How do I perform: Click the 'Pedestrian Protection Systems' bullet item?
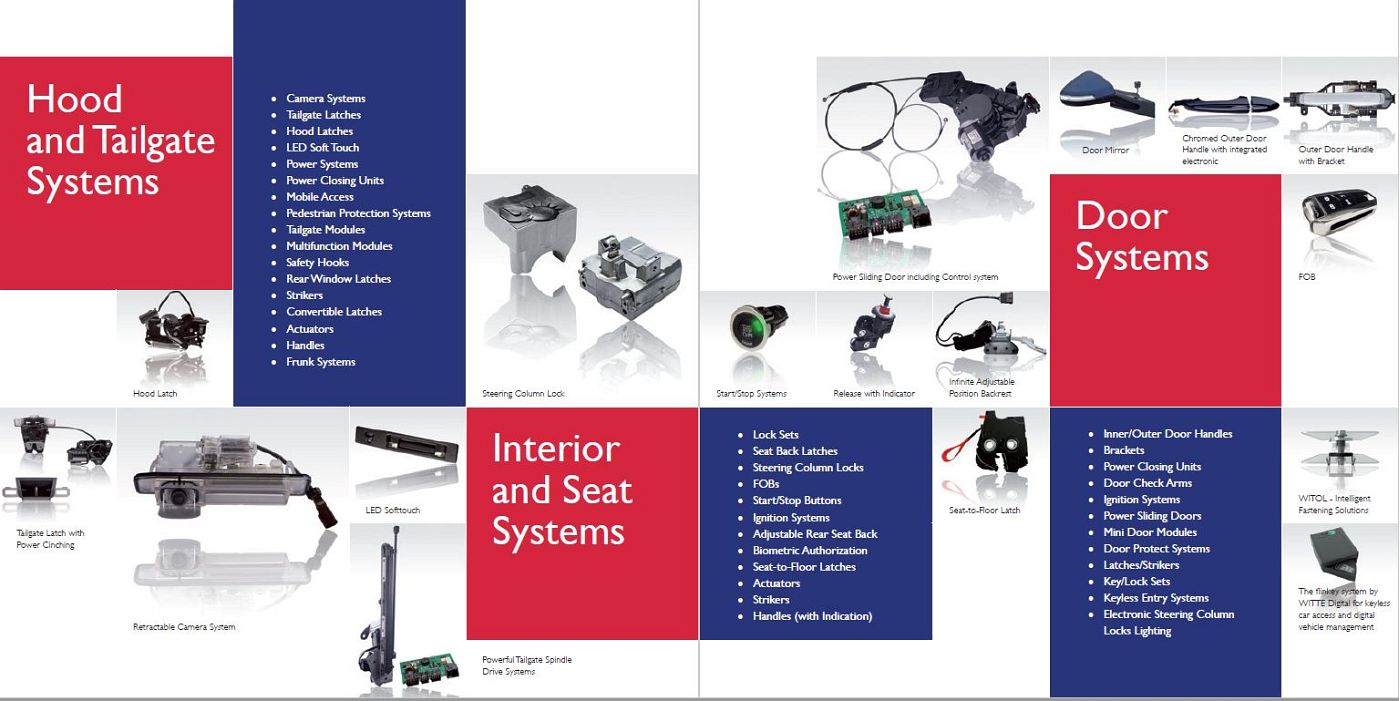pyautogui.click(x=358, y=213)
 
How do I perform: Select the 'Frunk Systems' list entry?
pyautogui.click(x=321, y=362)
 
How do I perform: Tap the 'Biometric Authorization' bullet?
pyautogui.click(x=810, y=550)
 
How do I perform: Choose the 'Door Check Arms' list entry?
pyautogui.click(x=1148, y=483)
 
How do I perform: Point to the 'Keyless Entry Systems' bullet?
pyautogui.click(x=1156, y=598)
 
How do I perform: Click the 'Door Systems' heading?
pyautogui.click(x=1141, y=237)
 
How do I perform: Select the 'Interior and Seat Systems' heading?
pyautogui.click(x=562, y=490)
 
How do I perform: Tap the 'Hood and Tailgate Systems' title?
pyautogui.click(x=121, y=141)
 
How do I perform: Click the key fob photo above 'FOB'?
pyautogui.click(x=1339, y=212)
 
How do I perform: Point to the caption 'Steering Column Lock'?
pyautogui.click(x=523, y=394)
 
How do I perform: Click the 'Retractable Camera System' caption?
pyautogui.click(x=184, y=627)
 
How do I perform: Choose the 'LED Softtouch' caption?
pyautogui.click(x=392, y=510)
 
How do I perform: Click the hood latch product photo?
pyautogui.click(x=174, y=322)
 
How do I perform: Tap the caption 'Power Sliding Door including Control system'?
pyautogui.click(x=915, y=277)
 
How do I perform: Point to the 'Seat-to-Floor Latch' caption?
pyautogui.click(x=984, y=510)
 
